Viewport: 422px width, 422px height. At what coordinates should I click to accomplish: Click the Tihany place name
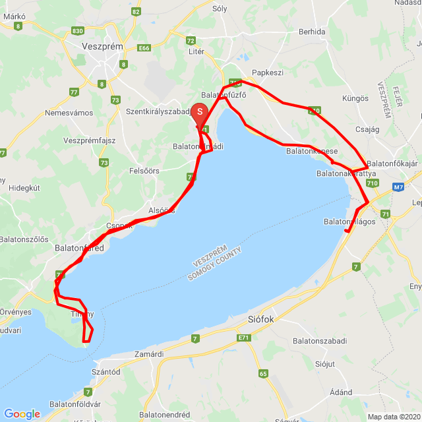(x=82, y=315)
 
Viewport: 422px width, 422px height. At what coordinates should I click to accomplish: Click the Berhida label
(x=312, y=31)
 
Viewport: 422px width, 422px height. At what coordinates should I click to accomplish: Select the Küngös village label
(x=355, y=97)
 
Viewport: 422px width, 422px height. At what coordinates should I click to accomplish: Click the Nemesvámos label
(x=69, y=113)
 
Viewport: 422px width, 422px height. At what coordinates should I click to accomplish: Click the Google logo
(x=22, y=414)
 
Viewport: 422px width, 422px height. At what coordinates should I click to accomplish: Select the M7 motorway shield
(x=398, y=187)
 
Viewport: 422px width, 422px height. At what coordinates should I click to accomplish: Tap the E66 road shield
(x=144, y=48)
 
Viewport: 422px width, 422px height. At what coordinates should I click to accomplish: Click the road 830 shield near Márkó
(x=78, y=31)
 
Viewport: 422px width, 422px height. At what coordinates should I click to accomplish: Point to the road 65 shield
(x=263, y=374)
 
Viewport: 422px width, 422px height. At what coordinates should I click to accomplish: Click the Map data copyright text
(x=394, y=417)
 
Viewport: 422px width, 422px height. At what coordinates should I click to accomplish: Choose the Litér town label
(x=196, y=51)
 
